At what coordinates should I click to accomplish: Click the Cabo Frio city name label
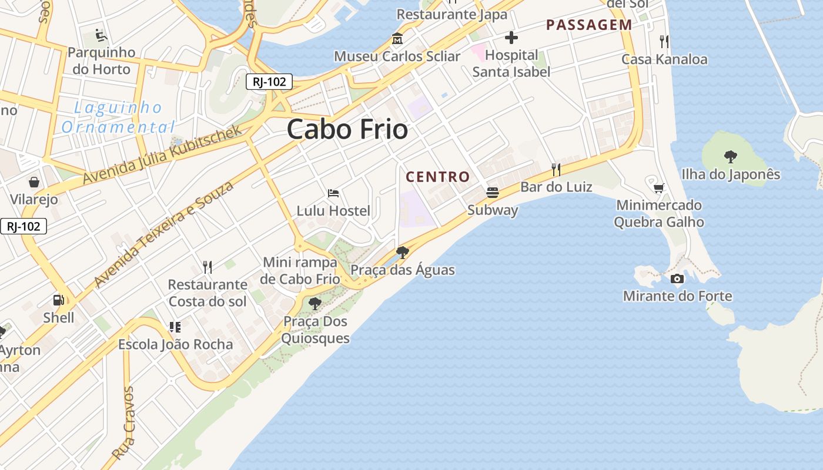point(347,129)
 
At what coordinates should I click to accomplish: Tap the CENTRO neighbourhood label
point(438,176)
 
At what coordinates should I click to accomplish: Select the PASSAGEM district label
point(589,25)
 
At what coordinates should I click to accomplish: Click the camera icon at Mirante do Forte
point(677,278)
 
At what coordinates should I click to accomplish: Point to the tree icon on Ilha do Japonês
point(731,156)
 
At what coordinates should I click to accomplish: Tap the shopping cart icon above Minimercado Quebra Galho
point(659,188)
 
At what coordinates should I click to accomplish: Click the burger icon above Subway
point(493,193)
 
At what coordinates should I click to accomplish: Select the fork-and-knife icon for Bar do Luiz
point(556,170)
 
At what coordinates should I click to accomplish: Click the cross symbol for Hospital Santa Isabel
point(511,38)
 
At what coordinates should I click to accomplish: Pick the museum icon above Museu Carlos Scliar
point(397,39)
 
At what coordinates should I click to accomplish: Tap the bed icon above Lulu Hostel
point(333,193)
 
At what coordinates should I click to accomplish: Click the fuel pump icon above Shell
point(58,300)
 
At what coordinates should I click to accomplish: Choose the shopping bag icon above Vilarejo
point(34,182)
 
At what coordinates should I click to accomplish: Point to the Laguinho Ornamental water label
point(118,117)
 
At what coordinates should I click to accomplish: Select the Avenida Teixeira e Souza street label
point(164,234)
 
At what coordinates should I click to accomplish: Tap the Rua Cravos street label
point(123,422)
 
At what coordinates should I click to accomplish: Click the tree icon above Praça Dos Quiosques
point(315,304)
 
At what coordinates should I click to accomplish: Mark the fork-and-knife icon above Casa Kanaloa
point(664,41)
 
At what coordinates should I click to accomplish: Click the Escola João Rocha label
point(176,344)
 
